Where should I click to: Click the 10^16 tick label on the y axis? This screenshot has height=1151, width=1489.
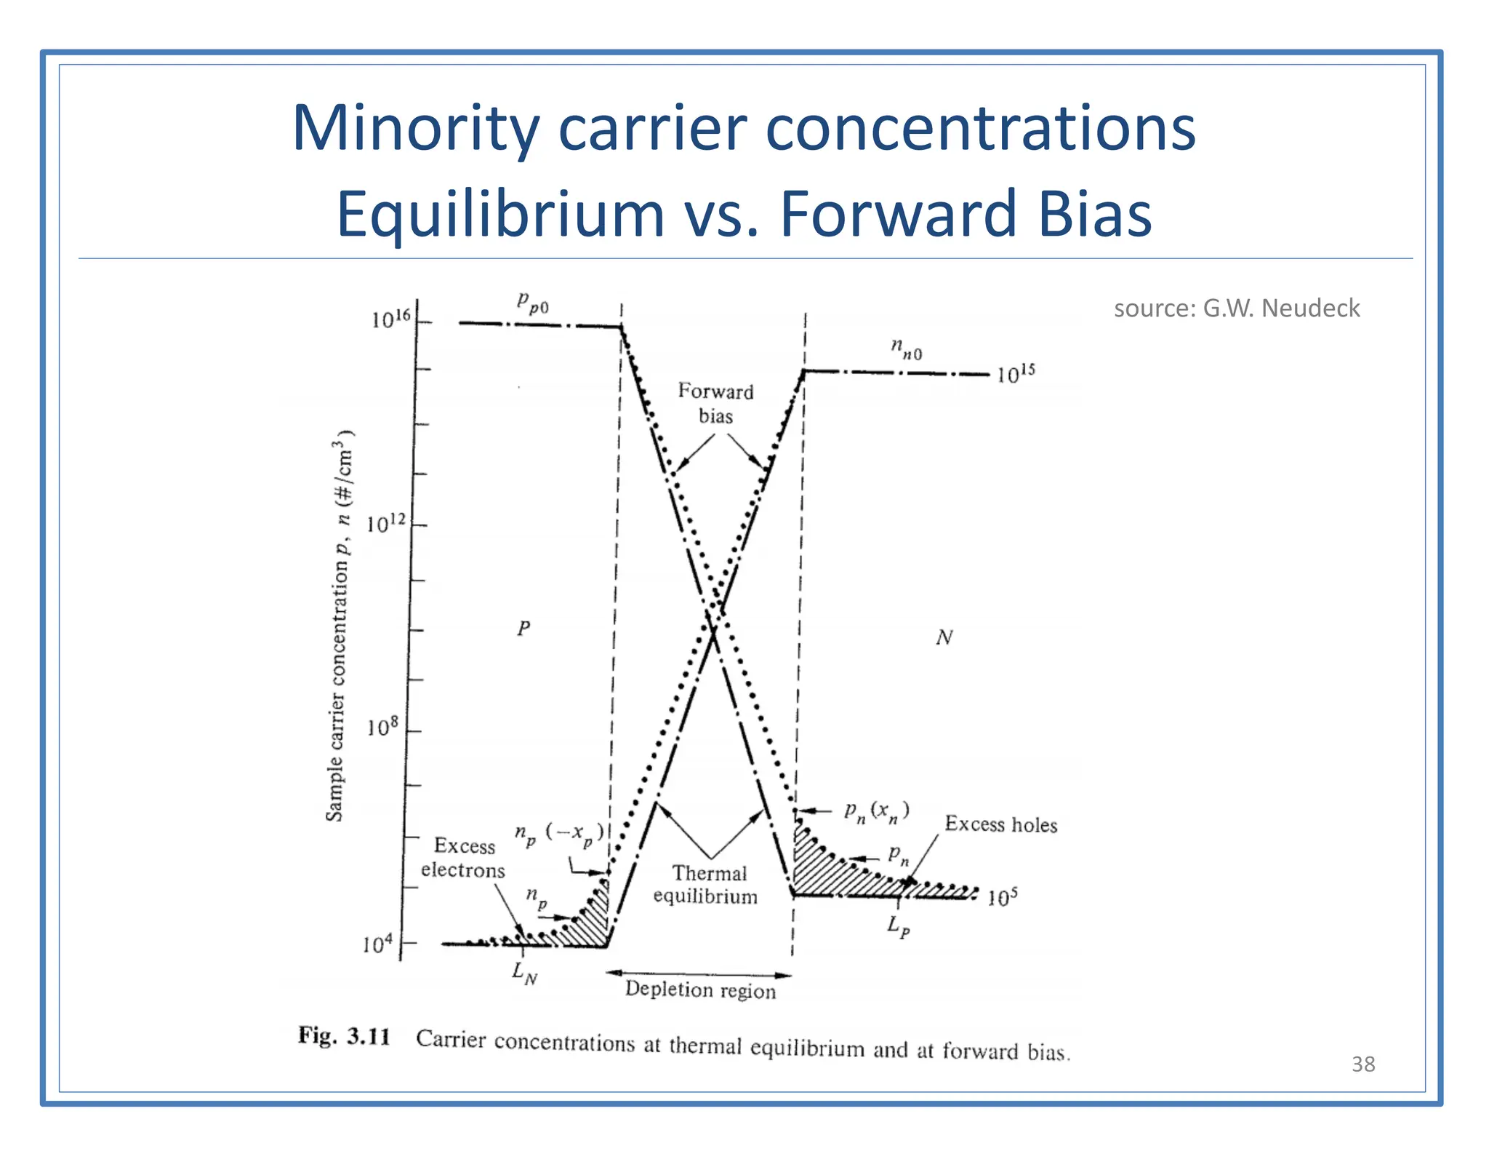tap(390, 319)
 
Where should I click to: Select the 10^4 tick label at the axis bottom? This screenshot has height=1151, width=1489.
tap(377, 944)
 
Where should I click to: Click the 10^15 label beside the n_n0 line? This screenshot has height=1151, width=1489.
tap(1015, 374)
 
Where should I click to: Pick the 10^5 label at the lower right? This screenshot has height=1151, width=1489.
tap(1002, 897)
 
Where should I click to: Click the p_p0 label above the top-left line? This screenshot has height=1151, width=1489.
tap(532, 302)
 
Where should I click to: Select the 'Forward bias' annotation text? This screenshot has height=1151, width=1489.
tap(715, 404)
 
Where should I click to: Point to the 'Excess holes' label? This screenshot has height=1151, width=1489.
tap(1000, 824)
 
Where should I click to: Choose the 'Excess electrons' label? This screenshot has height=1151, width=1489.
tap(463, 858)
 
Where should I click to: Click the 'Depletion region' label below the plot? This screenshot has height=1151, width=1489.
tap(700, 990)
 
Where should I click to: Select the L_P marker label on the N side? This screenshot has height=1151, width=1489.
tap(898, 927)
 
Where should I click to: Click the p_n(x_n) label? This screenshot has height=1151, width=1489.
tap(876, 811)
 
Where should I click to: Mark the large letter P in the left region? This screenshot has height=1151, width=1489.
tap(523, 628)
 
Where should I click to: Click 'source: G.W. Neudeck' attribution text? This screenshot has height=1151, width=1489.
tap(1236, 308)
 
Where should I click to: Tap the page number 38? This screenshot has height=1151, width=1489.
tap(1362, 1064)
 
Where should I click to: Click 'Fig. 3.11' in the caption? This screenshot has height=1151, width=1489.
tap(344, 1036)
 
